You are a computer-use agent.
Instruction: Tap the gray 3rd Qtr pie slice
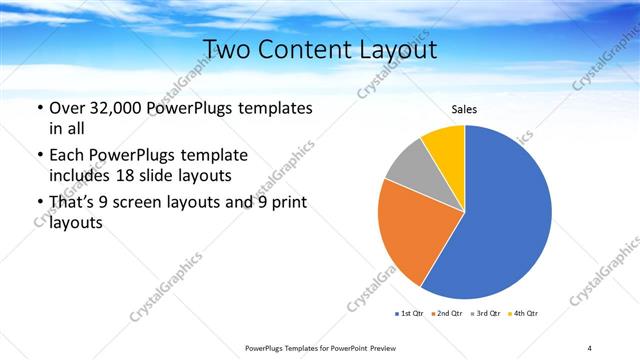(x=409, y=168)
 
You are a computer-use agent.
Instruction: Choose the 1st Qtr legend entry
(x=411, y=314)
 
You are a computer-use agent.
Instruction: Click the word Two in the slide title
(x=226, y=49)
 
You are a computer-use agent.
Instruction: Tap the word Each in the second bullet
(x=67, y=156)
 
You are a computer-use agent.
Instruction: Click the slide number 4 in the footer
(x=590, y=347)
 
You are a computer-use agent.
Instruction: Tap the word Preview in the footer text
(x=376, y=347)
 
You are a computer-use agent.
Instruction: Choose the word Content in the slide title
(x=305, y=49)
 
